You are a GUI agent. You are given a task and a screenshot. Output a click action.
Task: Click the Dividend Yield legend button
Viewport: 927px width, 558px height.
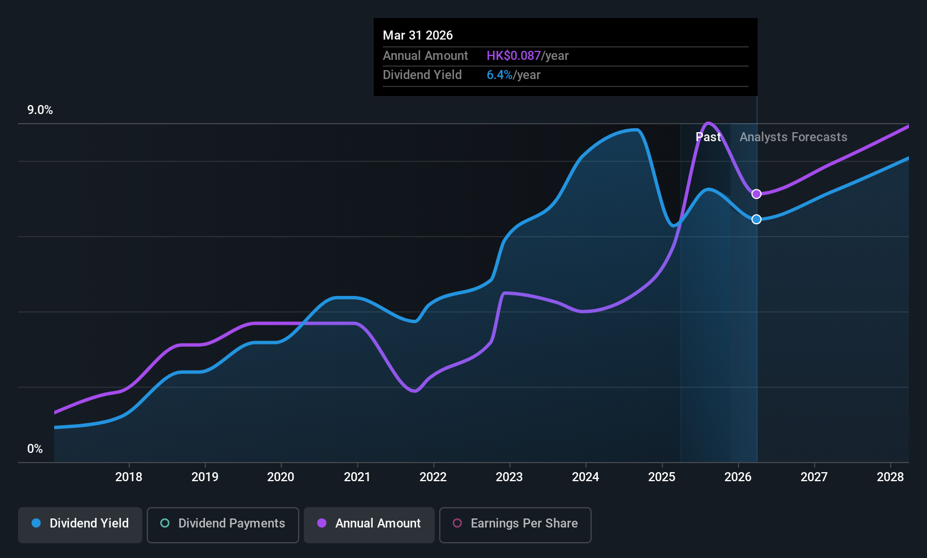point(80,524)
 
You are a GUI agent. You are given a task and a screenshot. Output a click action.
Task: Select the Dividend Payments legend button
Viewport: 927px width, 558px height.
point(222,524)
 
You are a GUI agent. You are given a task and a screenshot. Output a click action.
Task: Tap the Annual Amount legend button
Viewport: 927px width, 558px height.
point(369,524)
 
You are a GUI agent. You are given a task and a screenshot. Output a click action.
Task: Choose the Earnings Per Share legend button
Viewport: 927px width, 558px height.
point(515,524)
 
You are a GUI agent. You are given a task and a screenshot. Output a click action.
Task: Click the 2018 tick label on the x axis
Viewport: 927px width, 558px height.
point(129,477)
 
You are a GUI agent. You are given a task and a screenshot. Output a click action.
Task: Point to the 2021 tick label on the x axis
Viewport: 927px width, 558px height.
point(357,477)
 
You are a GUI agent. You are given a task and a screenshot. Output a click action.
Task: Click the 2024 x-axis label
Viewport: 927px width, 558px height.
point(585,477)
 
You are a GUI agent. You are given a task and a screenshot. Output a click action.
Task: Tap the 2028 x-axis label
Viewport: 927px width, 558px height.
point(890,477)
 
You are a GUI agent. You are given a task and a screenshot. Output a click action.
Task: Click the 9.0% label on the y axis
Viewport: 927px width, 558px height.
point(40,110)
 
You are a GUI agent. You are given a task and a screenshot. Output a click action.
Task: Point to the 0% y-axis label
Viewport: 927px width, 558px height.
point(35,449)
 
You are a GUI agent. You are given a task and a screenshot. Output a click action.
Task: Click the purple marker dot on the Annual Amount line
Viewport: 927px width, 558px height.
point(757,194)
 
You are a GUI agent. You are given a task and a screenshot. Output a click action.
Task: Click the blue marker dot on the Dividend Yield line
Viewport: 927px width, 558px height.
point(757,219)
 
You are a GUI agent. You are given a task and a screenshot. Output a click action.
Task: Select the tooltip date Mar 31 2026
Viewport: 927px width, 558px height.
point(418,36)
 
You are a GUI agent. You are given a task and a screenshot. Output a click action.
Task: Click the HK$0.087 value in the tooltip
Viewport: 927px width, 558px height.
point(514,56)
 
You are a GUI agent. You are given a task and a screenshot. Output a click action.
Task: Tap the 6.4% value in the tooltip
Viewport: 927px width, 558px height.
point(500,75)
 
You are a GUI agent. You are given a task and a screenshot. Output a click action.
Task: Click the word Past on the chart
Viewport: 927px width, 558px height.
point(708,137)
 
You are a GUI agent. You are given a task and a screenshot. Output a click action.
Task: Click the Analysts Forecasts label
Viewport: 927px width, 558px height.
point(793,137)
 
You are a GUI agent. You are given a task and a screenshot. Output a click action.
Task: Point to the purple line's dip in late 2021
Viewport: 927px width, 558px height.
point(414,391)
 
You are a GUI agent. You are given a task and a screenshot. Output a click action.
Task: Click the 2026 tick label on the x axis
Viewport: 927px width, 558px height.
point(738,477)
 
